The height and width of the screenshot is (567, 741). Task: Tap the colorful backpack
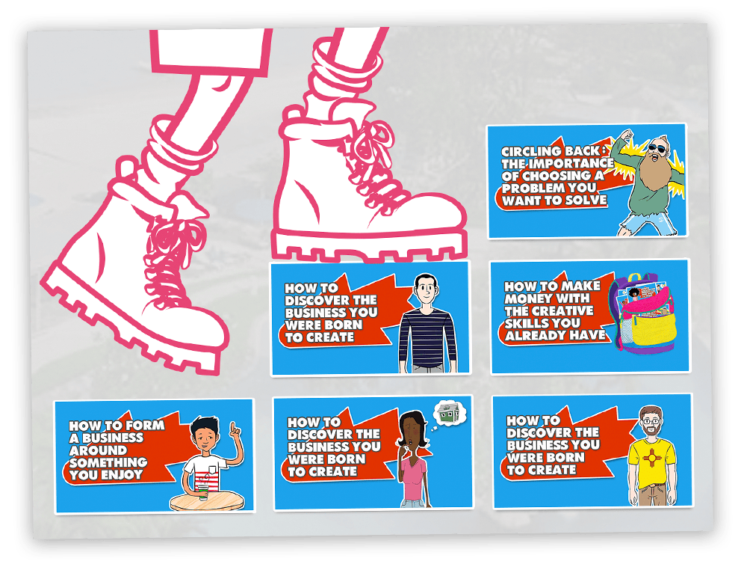[642, 313]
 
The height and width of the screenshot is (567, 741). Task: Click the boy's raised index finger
[232, 427]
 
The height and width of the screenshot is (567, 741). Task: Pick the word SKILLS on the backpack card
[524, 324]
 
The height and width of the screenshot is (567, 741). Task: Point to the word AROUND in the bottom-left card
[98, 450]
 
